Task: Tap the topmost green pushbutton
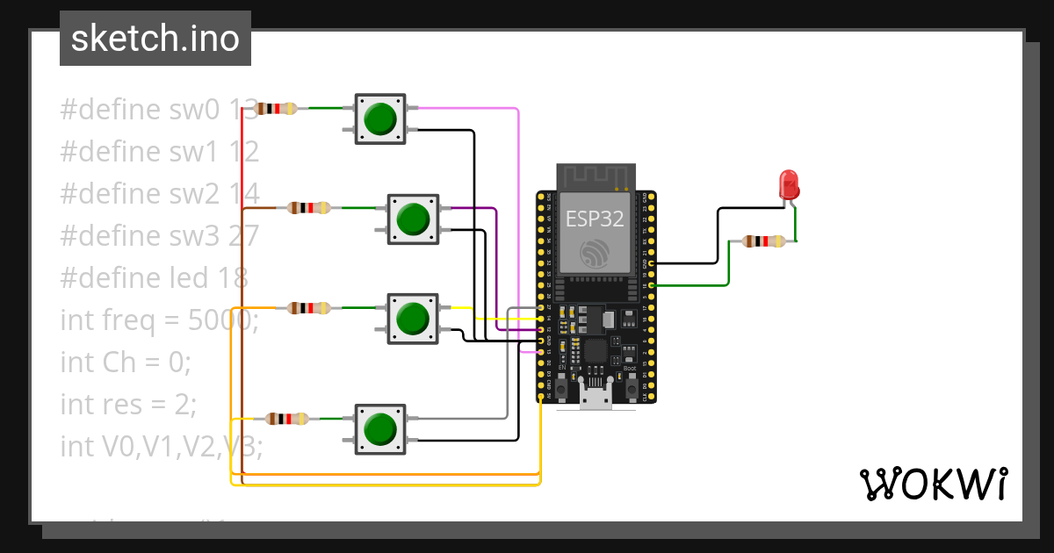tap(379, 118)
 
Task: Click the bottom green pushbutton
tap(379, 428)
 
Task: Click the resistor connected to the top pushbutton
tap(275, 109)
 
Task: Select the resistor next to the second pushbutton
tap(308, 208)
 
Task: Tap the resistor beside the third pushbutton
tap(308, 308)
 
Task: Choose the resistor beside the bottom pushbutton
tap(287, 419)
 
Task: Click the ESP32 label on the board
tap(595, 219)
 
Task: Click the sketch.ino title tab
tap(155, 39)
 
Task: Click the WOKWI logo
tap(932, 484)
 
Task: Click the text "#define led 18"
tap(155, 277)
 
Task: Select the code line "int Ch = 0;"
tap(125, 362)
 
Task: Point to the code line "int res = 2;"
tap(128, 404)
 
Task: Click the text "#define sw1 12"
tap(159, 152)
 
